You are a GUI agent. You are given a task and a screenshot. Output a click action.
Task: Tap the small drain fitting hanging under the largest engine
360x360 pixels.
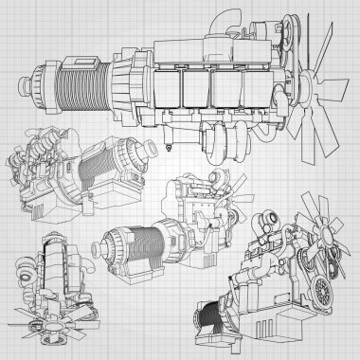pos(165,145)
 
